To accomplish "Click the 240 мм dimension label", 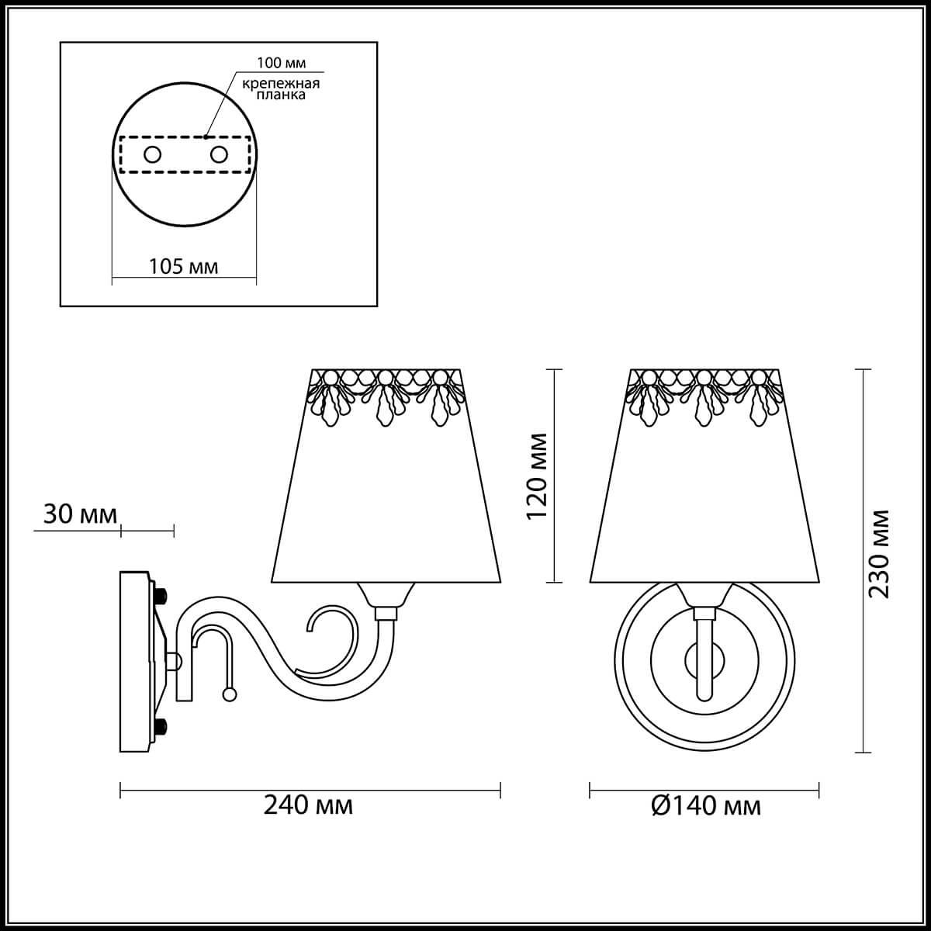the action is click(308, 805).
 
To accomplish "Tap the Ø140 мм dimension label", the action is click(706, 805).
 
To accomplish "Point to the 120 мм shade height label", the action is click(537, 476).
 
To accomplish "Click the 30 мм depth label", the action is click(80, 514).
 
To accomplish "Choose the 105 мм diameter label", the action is click(183, 266).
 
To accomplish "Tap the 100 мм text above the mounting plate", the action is click(281, 63).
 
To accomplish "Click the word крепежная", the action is click(281, 84).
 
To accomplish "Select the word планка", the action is click(281, 95).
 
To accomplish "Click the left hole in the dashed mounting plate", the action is click(152, 154).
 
